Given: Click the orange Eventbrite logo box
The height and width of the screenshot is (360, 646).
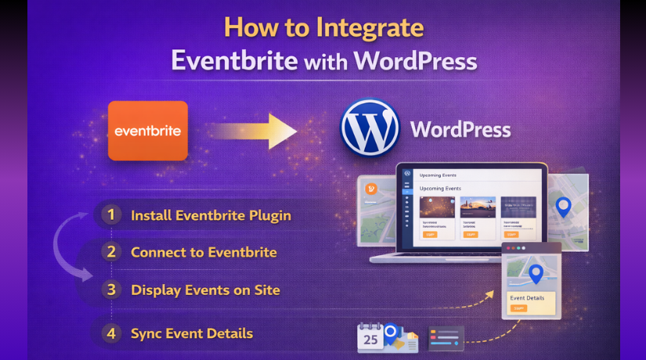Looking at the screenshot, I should click(148, 131).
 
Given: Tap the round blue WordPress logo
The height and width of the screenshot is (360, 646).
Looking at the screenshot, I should click(370, 128).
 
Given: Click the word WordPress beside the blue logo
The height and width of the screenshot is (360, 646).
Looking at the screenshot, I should click(460, 128).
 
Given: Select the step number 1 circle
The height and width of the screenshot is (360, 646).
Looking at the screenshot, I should click(111, 214).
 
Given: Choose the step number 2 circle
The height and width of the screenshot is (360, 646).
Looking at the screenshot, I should click(111, 252).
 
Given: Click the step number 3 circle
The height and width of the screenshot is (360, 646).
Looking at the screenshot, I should click(111, 290).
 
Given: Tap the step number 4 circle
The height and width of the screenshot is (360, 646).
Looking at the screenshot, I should click(111, 333).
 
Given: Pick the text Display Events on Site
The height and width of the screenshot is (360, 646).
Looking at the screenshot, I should click(205, 290).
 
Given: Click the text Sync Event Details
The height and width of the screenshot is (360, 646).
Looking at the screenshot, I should click(192, 333).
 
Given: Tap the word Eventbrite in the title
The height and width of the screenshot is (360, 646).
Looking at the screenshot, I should click(234, 61).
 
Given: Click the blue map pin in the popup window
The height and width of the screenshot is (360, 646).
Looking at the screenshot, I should click(536, 273).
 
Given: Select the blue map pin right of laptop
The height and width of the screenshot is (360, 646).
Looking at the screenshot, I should click(562, 207).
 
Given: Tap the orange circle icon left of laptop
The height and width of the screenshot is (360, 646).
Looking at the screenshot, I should click(371, 188).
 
